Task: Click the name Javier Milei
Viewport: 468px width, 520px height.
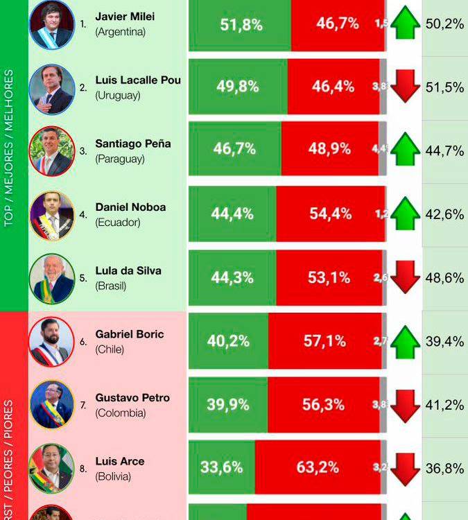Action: pos(125,17)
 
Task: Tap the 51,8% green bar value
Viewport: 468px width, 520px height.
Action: pos(241,24)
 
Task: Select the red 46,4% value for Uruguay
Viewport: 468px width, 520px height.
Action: pos(333,87)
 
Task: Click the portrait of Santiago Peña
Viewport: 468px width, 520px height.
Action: pos(51,150)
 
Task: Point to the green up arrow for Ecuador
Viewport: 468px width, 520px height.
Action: pos(405,214)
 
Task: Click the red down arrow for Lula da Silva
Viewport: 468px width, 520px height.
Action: pos(405,278)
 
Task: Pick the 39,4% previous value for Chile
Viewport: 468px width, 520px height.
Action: pos(444,341)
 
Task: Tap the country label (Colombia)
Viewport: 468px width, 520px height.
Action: pos(120,413)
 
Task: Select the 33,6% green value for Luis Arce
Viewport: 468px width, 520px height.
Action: pos(221,467)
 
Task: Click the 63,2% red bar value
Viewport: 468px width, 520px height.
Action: pos(318,467)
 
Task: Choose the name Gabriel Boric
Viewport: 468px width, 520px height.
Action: pos(130,334)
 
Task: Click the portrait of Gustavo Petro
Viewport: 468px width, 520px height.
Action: pos(51,404)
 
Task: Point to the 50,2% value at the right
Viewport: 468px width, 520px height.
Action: pos(444,24)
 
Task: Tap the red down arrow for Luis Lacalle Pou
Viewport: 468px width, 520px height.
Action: pos(405,87)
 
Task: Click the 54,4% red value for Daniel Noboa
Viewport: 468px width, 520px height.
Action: pos(330,214)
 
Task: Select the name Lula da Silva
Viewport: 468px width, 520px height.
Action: pos(128,270)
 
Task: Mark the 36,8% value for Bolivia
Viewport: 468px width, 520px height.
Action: pos(444,468)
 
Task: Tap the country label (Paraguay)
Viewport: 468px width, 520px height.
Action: pos(120,159)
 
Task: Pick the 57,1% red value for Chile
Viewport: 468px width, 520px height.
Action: pos(324,341)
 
